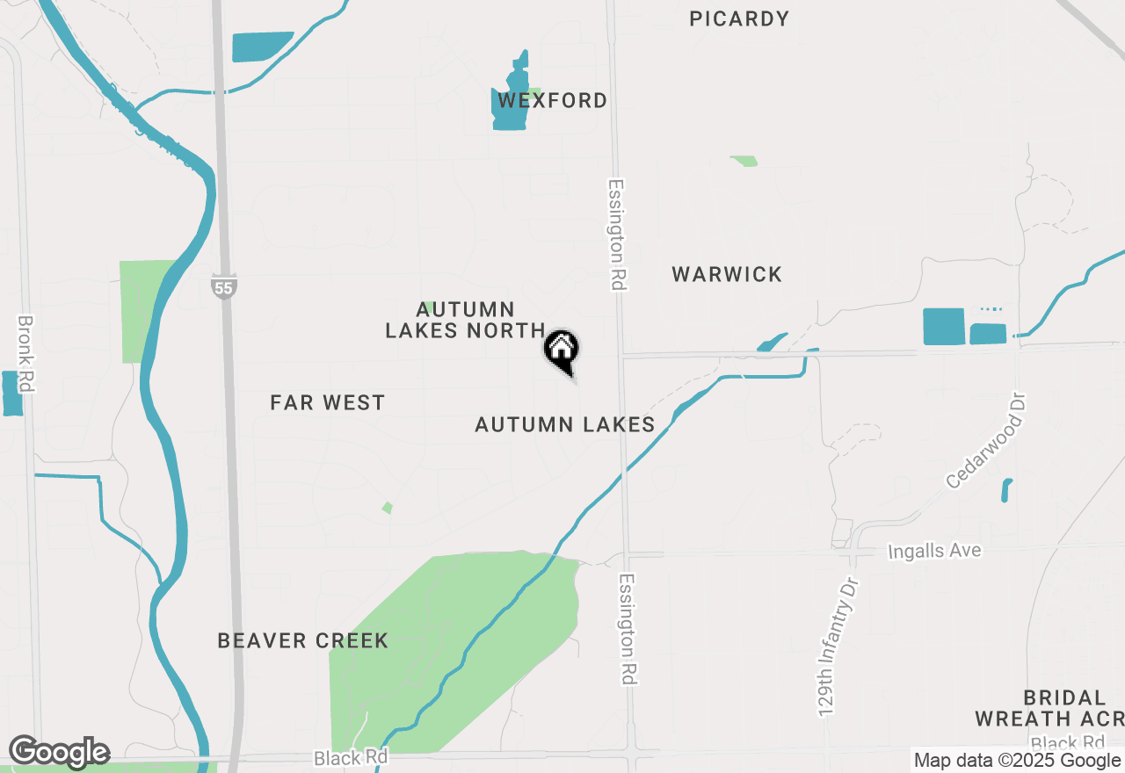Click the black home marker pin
coord(562,350)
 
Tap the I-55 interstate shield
coord(224,285)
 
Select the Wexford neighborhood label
coord(553,101)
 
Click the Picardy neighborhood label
coord(739,18)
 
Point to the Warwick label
coord(727,275)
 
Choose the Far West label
coord(328,403)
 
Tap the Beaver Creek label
coord(303,641)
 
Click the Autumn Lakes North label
coord(466,321)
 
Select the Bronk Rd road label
coord(25,354)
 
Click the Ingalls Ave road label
coord(934,552)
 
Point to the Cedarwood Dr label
coord(986,441)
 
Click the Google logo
coord(59,753)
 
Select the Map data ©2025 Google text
coord(1016,761)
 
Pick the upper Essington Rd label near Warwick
coord(616,235)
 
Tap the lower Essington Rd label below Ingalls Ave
coord(628,629)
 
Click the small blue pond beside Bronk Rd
coord(12,394)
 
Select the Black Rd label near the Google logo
coord(351,757)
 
